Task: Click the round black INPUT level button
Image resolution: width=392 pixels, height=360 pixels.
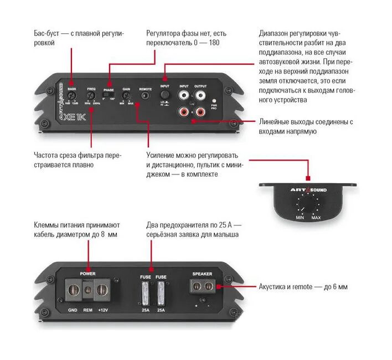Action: point(164,95)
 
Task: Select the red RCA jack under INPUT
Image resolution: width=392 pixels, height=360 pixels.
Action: point(183,112)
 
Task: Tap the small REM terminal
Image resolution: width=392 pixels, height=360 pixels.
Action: point(87,289)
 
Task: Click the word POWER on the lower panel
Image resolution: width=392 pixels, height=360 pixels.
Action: point(88,274)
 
